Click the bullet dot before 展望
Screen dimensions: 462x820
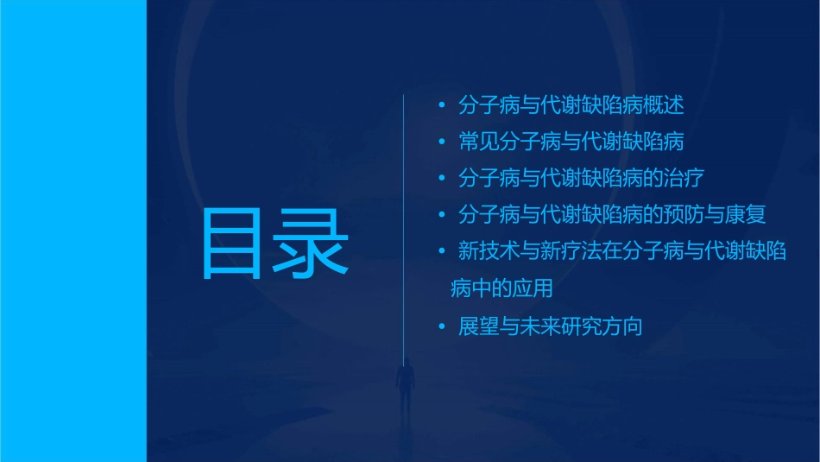click(x=442, y=327)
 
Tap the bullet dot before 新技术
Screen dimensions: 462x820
click(x=442, y=252)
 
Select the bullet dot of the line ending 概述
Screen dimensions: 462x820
click(x=442, y=106)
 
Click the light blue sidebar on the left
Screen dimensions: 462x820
click(x=73, y=231)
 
